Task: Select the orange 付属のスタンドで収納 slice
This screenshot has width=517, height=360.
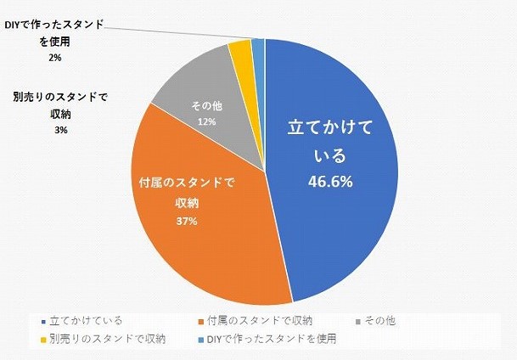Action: (204, 246)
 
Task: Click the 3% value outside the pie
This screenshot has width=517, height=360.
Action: (60, 130)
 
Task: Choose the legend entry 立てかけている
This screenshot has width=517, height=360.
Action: (85, 320)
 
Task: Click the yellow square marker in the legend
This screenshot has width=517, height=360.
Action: (42, 340)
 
